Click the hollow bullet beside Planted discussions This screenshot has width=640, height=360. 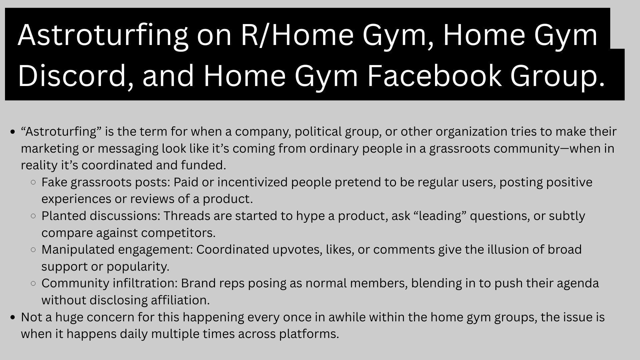point(33,216)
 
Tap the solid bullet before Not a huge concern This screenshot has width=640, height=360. point(13,317)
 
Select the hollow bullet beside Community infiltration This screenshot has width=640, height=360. point(33,283)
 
